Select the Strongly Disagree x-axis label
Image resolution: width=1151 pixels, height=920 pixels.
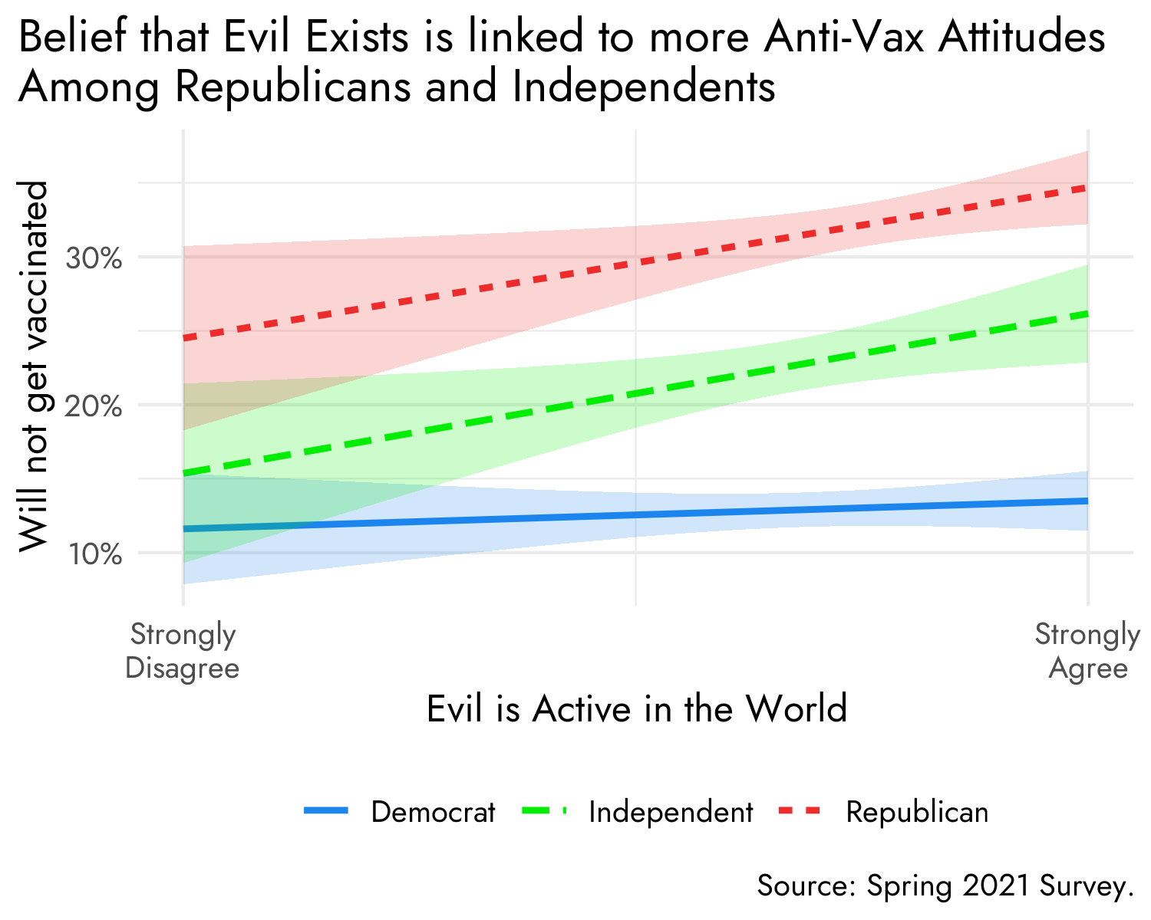[x=183, y=652]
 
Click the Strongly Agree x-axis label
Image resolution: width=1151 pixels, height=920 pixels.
[x=1087, y=652]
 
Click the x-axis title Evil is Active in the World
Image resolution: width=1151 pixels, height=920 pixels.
[x=636, y=708]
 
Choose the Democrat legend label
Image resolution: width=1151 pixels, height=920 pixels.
[x=433, y=812]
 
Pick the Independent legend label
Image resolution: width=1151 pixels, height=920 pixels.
[x=671, y=812]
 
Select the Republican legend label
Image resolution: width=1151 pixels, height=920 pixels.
[x=917, y=812]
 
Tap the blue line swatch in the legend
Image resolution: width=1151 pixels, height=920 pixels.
[x=327, y=810]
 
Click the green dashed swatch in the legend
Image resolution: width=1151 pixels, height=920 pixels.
[x=544, y=810]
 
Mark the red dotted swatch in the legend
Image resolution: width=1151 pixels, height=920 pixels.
[x=801, y=810]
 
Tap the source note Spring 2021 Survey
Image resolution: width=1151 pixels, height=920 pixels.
[x=945, y=886]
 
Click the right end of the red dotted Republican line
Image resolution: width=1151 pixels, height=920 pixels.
[x=1085, y=187]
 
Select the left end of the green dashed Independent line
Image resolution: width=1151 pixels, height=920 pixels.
[x=185, y=473]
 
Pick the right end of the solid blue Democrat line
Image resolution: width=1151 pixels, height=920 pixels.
[x=1086, y=501]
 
